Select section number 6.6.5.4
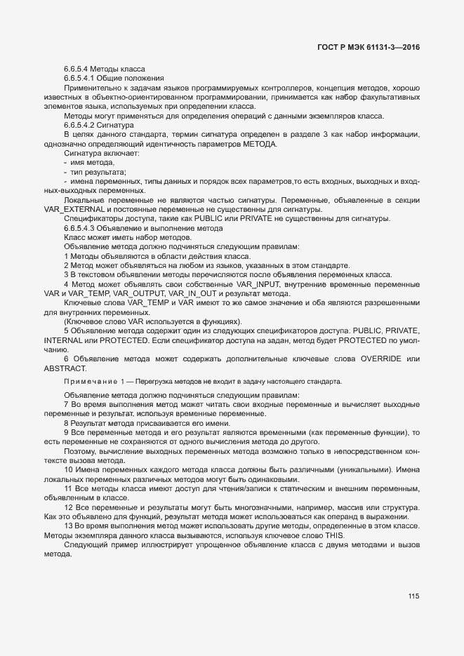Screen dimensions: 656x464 click(77, 69)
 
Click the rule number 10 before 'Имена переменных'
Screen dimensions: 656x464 click(69, 469)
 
